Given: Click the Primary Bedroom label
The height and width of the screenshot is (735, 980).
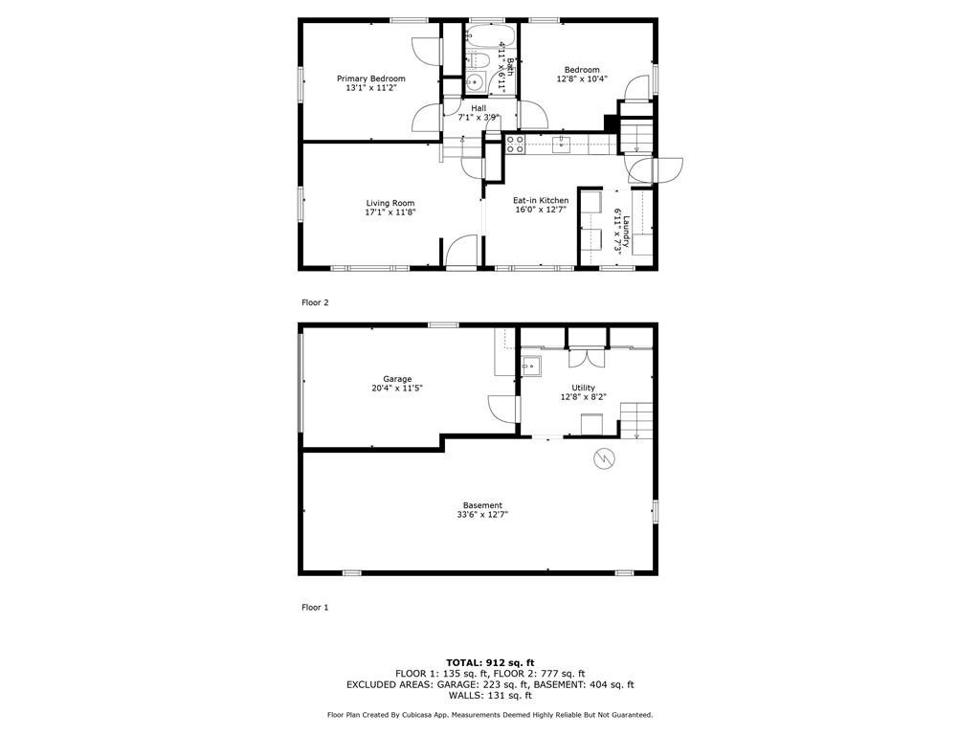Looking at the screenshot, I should point(370,78).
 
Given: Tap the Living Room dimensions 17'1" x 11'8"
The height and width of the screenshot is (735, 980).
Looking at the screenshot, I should point(390,212).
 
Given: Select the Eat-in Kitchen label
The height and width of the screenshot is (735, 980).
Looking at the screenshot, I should point(541,200).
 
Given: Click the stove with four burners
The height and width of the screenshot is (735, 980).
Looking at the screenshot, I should point(515,145).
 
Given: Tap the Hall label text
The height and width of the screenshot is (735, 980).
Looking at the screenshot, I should point(479,108).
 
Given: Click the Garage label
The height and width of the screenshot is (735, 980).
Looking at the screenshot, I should point(397,379).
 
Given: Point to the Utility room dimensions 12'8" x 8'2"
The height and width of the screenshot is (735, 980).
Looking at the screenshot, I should point(583,396).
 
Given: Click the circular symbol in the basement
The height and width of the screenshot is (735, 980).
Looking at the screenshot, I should point(603,458).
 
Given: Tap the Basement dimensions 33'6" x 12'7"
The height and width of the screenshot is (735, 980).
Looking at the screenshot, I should point(482,514).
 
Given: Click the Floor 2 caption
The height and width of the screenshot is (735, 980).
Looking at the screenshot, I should point(315,302).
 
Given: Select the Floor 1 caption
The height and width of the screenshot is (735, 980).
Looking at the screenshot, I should point(315,607).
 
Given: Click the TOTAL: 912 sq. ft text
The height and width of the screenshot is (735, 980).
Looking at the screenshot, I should point(490,662).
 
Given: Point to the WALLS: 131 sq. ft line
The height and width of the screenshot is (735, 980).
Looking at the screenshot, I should point(490,696).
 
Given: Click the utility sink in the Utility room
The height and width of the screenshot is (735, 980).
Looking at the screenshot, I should point(531,365).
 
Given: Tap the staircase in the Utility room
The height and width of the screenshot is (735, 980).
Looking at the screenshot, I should point(636,419).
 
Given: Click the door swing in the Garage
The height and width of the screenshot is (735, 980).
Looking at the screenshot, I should point(501,410).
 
